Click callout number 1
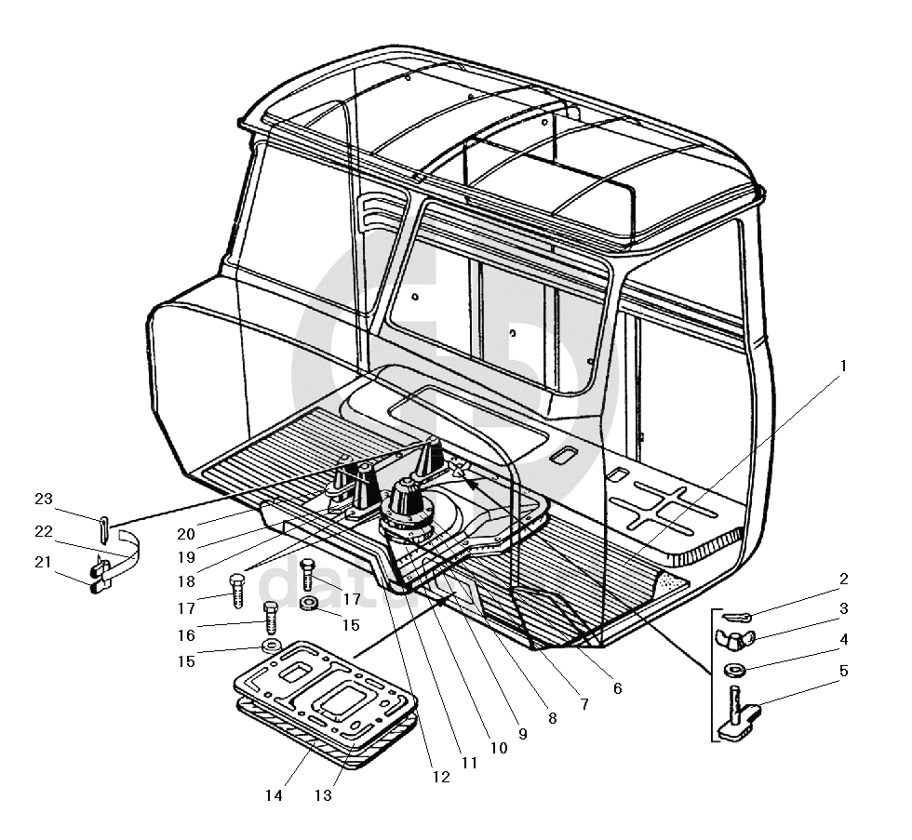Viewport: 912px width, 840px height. [843, 366]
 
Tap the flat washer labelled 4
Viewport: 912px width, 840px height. [735, 670]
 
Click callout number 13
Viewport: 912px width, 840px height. [324, 795]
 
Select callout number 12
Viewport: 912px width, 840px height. [441, 776]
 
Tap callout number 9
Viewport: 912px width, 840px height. [522, 733]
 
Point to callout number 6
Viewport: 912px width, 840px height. [616, 689]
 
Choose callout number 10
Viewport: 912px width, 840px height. [498, 746]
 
